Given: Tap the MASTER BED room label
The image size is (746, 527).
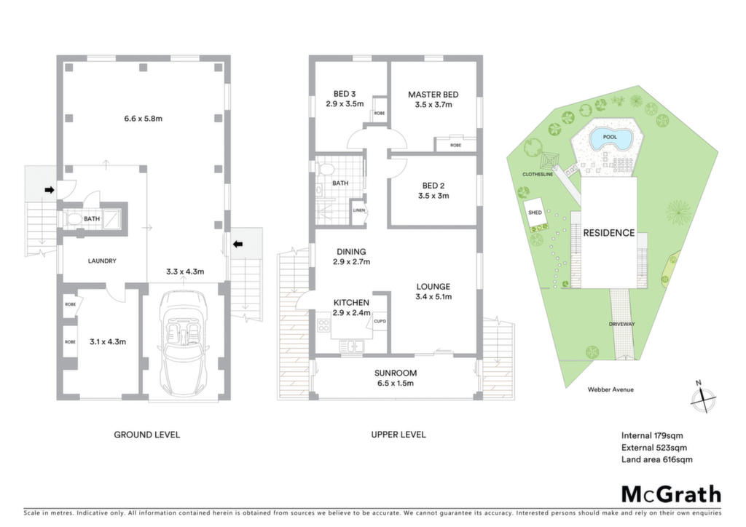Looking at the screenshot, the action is (x=433, y=95).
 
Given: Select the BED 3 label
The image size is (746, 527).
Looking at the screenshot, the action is (x=345, y=94).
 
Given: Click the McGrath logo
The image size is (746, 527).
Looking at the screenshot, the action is (x=671, y=495).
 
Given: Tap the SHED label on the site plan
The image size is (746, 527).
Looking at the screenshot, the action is (x=535, y=213).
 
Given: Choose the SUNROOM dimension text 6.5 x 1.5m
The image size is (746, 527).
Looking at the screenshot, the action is (x=396, y=384).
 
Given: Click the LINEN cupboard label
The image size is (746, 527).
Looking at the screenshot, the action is (x=358, y=210).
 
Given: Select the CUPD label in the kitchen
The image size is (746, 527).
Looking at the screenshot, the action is (x=380, y=321).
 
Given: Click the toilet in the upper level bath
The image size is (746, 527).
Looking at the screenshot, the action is (x=327, y=169).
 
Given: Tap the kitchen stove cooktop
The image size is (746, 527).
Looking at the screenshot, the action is (x=324, y=325).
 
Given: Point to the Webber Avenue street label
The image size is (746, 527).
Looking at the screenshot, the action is (x=610, y=389).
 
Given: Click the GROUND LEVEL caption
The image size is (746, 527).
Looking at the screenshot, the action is (x=146, y=435).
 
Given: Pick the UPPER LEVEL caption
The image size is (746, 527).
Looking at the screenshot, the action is (x=398, y=435).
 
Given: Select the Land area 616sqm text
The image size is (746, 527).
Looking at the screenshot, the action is (x=656, y=459).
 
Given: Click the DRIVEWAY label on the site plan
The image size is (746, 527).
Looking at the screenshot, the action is (x=622, y=324).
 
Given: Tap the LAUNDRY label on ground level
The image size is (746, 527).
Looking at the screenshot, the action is (x=102, y=261).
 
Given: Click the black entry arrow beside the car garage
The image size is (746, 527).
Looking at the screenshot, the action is (x=238, y=245).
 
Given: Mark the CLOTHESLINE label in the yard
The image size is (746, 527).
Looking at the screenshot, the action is (x=538, y=175).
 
